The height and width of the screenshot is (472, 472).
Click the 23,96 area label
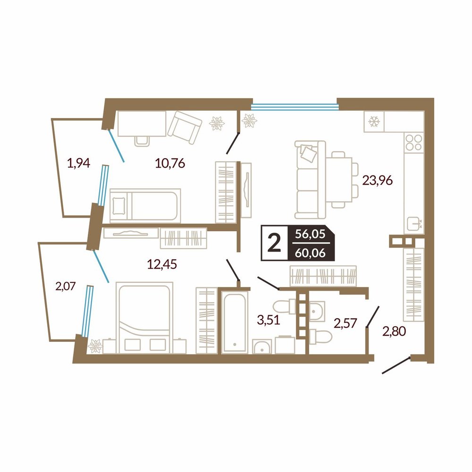click(x=378, y=180)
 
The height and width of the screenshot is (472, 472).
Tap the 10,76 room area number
click(x=170, y=163)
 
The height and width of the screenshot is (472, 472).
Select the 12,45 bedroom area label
click(x=161, y=264)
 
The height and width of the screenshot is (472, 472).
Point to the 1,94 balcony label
click(x=78, y=163)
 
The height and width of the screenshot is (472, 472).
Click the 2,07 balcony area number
click(x=65, y=286)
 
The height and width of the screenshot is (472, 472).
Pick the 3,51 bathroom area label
click(x=269, y=320)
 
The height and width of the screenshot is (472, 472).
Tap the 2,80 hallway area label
click(x=394, y=331)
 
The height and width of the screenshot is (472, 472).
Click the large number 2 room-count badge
click(x=274, y=243)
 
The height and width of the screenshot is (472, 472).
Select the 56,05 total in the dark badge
click(x=311, y=234)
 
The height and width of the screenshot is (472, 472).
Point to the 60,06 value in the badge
click(x=311, y=253)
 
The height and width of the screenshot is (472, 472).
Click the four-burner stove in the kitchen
click(x=414, y=143)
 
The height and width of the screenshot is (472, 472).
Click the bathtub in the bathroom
click(x=235, y=322)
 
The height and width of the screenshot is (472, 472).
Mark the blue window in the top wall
click(x=295, y=106)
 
